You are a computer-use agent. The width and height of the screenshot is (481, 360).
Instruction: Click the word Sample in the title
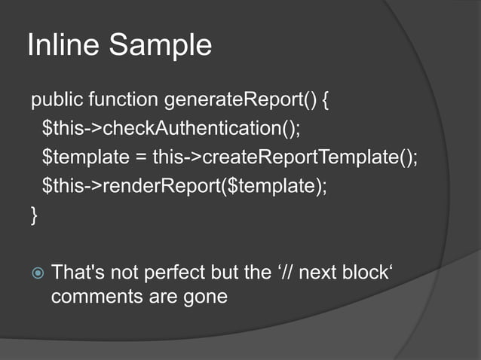coord(161,47)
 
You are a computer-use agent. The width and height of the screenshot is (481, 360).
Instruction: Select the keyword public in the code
coord(57,99)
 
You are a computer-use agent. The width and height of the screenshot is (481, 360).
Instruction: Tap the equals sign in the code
coord(136,158)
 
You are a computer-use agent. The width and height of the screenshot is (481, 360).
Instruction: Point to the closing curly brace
coord(33,217)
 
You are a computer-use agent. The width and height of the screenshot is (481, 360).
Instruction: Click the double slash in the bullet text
coord(288,271)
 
